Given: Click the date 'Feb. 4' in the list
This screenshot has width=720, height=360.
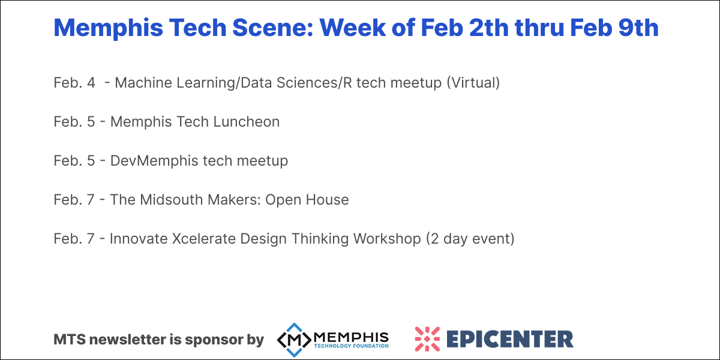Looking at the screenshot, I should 74,83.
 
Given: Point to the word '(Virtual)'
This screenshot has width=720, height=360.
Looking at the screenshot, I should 473,83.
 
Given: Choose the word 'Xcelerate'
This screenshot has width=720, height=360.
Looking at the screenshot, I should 203,239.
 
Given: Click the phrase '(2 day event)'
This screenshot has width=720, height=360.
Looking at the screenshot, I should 470,239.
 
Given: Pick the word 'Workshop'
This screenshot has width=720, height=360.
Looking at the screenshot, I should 387,239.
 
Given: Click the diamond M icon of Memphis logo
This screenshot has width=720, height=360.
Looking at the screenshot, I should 294,339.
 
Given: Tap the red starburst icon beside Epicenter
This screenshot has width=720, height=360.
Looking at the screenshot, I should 427,339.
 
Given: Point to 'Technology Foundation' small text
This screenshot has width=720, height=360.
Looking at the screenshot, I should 352,346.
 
